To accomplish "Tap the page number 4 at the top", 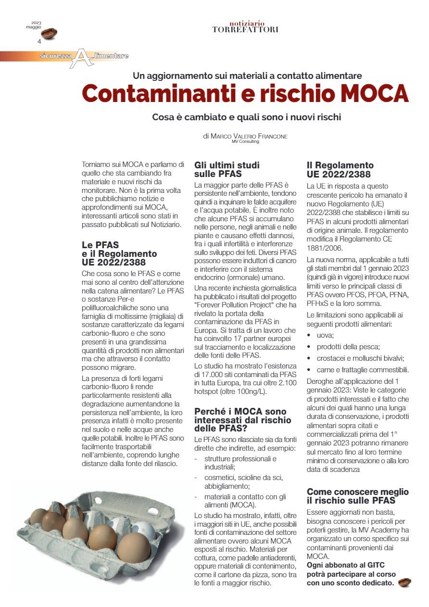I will (x=39, y=41).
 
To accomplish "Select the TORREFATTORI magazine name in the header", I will (x=245, y=30).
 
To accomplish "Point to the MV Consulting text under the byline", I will (x=245, y=142).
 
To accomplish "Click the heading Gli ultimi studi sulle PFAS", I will (x=227, y=170).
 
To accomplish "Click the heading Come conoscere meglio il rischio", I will (x=357, y=496).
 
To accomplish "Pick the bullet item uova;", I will (x=325, y=334).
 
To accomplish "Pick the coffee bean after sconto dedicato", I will (x=405, y=582).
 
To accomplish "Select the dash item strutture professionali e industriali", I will (x=240, y=463).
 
